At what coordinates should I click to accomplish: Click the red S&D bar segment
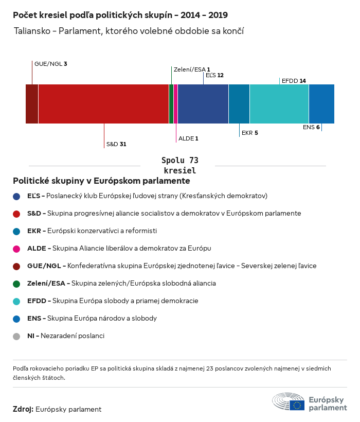tap(103, 104)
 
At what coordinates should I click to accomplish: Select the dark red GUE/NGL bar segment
tap(32, 104)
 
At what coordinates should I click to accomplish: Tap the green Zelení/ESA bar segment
tap(171, 104)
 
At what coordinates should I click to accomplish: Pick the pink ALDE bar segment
tap(175, 104)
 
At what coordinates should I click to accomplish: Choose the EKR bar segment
tap(239, 104)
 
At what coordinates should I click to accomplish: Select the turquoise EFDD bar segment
tap(279, 104)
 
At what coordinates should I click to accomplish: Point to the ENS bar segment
tap(321, 104)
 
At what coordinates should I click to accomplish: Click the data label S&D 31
tap(116, 144)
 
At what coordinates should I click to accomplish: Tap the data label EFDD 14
tap(294, 81)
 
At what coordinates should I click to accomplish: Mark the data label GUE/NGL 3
tap(51, 64)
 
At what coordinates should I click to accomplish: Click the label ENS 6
tap(311, 127)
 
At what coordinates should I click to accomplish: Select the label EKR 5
tap(249, 133)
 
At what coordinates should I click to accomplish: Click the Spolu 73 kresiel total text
tap(179, 165)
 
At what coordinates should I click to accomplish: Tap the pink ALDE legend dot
tap(16, 249)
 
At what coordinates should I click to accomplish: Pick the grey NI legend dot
tap(16, 336)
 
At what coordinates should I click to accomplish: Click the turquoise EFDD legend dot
tap(16, 301)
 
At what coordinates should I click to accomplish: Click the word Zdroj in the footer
tap(23, 409)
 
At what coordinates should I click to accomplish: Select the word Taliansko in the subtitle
tap(32, 31)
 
